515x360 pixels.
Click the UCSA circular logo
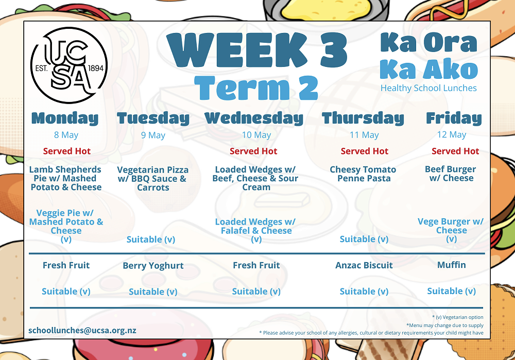pyautogui.click(x=69, y=65)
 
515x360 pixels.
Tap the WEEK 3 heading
pyautogui.click(x=257, y=50)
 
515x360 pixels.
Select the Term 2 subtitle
pyautogui.click(x=256, y=88)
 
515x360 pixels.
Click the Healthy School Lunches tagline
pyautogui.click(x=428, y=88)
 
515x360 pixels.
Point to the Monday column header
pyautogui.click(x=65, y=118)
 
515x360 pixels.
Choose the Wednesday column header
pyautogui.click(x=254, y=118)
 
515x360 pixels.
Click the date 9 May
pyautogui.click(x=153, y=135)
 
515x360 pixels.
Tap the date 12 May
pyautogui.click(x=452, y=134)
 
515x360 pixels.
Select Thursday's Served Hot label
pyautogui.click(x=364, y=151)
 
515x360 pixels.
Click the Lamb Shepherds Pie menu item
pyautogui.click(x=66, y=178)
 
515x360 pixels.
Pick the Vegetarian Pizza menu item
pyautogui.click(x=153, y=179)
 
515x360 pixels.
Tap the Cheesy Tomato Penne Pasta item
pyautogui.click(x=363, y=174)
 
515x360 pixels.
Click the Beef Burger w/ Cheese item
pyautogui.click(x=451, y=174)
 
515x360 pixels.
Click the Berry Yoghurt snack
pyautogui.click(x=153, y=265)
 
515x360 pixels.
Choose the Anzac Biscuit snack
pyautogui.click(x=364, y=265)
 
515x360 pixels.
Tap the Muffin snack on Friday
pyautogui.click(x=452, y=265)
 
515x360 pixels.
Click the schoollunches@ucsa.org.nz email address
pyautogui.click(x=82, y=331)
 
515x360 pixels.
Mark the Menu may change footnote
pyautogui.click(x=445, y=325)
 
